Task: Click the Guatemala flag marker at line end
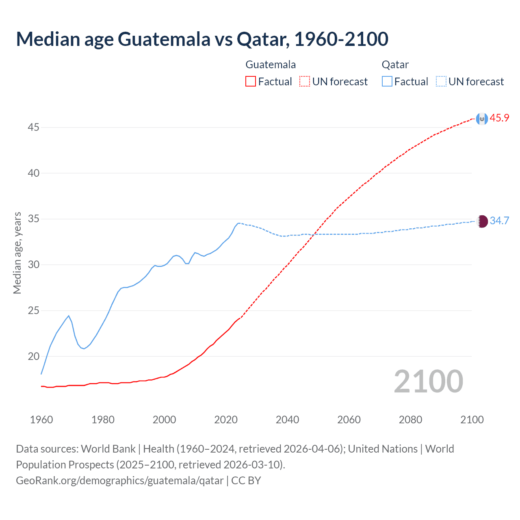point(482,119)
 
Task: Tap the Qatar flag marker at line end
point(482,221)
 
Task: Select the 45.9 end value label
point(499,118)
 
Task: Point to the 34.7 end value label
point(499,221)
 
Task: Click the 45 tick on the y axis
point(33,128)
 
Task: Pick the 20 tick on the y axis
point(33,357)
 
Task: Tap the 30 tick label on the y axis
point(33,265)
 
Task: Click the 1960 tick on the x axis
point(41,420)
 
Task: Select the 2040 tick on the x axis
point(288,420)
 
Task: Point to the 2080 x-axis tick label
point(410,420)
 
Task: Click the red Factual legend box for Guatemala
point(251,82)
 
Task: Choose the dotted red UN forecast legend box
point(305,82)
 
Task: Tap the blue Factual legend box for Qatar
point(387,82)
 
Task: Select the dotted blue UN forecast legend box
point(441,82)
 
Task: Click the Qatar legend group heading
point(395,65)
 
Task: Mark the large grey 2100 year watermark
point(429,381)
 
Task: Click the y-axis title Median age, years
point(17,253)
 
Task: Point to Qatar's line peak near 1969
point(69,316)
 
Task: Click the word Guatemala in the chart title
point(164,39)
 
